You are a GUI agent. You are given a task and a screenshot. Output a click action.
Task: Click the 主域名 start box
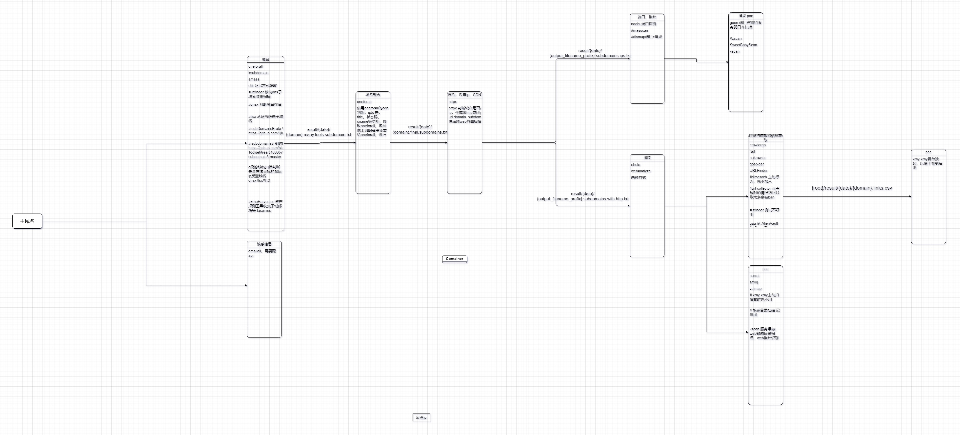[x=27, y=221]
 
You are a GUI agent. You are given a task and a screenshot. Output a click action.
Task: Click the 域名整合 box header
[x=373, y=95]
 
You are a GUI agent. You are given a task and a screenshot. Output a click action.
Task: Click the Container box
[x=454, y=259]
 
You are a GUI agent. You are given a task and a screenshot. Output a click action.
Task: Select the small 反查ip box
[x=421, y=417]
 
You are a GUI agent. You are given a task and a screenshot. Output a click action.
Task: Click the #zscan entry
[x=735, y=39]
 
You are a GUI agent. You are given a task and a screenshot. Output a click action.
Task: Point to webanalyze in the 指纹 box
[x=641, y=171]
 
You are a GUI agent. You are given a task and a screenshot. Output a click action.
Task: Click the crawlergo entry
[x=757, y=145]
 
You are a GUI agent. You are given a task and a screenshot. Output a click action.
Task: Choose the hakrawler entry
[x=757, y=158]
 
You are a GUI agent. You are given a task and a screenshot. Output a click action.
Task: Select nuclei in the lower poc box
[x=754, y=276]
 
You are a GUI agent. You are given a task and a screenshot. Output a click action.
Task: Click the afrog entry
[x=754, y=282]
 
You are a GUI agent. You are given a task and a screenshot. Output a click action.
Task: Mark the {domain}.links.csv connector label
[x=852, y=188]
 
